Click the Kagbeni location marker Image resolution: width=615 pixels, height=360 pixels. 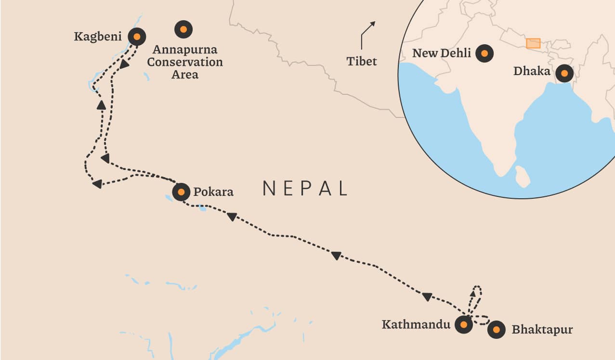coord(137,37)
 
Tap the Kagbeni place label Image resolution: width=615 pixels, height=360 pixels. coord(99,37)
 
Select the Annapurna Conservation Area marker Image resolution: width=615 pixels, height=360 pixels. coord(183,29)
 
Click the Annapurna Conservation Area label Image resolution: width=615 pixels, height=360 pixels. coord(185,62)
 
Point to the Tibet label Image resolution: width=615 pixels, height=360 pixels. coord(362,61)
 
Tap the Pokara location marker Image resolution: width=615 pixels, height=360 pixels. coord(181,192)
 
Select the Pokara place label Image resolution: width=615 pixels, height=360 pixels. coord(213,192)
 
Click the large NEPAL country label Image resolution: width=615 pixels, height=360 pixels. coord(305,188)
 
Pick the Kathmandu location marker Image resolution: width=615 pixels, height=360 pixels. coord(463,325)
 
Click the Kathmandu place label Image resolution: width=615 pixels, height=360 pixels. coord(416,324)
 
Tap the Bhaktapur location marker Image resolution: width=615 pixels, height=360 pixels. coord(496,330)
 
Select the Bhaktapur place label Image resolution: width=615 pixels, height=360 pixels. coord(542,330)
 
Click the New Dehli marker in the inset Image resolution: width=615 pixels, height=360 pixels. coord(484,53)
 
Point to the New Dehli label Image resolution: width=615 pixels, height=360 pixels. coord(442,53)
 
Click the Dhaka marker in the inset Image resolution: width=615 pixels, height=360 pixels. coord(564,73)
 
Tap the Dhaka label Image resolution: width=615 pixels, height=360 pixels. coord(532,72)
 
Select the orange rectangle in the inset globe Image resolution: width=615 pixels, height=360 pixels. coord(533,43)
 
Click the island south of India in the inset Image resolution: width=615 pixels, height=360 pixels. coord(522,176)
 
